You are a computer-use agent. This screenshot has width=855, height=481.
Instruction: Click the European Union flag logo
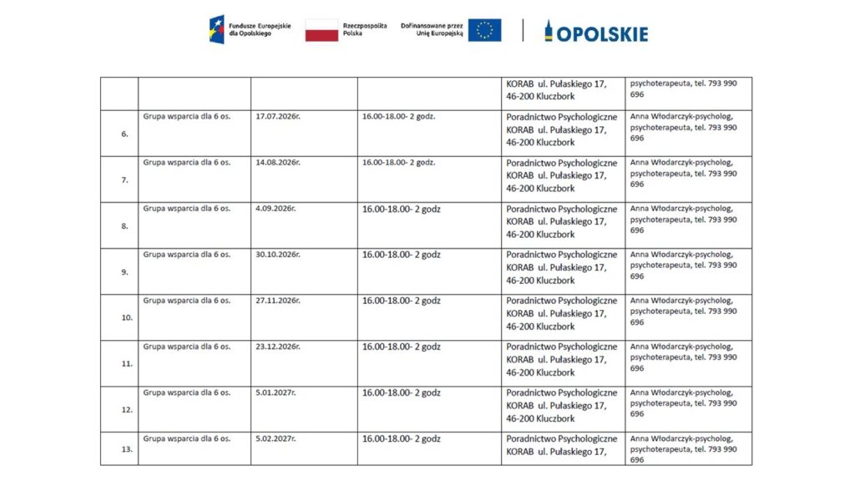coord(484,31)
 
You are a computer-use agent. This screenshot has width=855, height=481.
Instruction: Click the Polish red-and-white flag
coord(321,31)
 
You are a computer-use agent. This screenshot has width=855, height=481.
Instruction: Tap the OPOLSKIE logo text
coord(601,33)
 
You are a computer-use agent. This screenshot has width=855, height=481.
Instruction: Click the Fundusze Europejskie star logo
coord(216,30)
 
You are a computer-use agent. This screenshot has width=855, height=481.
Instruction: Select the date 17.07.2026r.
coord(277,116)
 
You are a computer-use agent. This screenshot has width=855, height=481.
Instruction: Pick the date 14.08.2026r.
coord(277,162)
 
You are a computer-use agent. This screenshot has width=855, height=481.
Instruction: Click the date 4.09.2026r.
coord(276,208)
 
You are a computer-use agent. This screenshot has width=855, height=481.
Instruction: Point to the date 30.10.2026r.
coord(277,254)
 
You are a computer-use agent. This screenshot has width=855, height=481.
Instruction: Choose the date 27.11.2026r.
coord(277,300)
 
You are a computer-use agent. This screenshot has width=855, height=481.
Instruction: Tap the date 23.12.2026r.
coord(277,346)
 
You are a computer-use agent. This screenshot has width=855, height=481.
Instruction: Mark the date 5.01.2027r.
coord(276,392)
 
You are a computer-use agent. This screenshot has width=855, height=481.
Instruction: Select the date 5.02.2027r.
coord(276,438)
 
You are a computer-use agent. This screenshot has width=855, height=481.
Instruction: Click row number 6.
coord(124,134)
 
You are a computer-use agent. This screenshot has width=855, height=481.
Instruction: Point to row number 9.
coord(124,271)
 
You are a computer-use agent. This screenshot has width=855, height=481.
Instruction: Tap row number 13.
coord(127,449)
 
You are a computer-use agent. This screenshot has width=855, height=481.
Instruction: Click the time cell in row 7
coord(398,162)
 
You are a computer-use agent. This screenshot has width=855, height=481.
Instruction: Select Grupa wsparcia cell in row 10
coord(186,300)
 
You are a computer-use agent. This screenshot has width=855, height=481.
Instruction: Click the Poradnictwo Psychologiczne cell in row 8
coord(561,221)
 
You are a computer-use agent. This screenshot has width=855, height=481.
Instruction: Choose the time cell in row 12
coord(401,392)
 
